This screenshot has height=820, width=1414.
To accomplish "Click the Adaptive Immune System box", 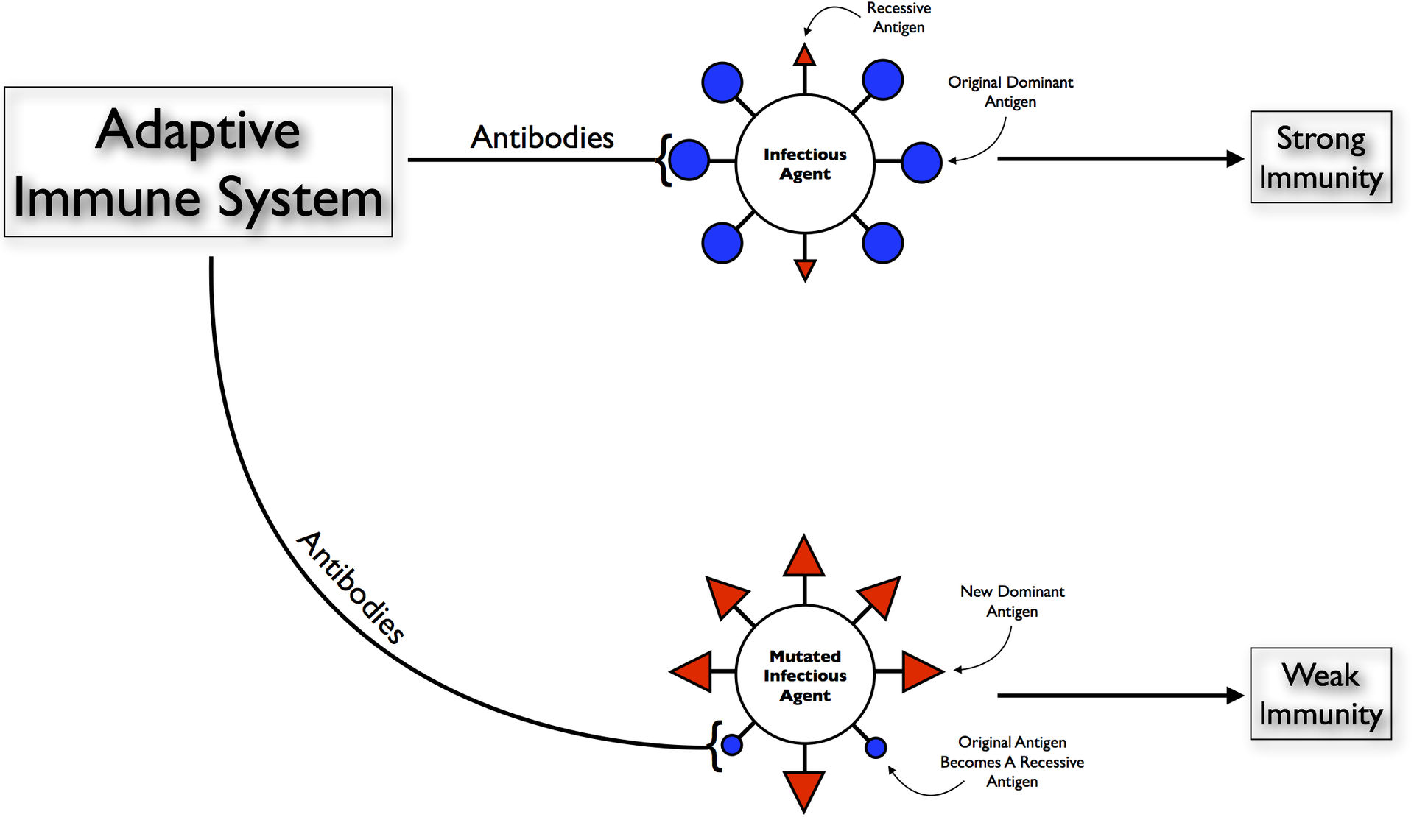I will coord(198,162).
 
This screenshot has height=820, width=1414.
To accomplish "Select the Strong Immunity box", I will coord(1320,158).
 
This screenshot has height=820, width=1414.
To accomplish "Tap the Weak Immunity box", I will coord(1320,694).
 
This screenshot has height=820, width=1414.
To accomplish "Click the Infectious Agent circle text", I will coord(805,164).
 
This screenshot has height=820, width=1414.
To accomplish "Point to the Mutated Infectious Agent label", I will coord(805,676).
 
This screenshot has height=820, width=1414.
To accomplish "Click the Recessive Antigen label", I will coord(898,18).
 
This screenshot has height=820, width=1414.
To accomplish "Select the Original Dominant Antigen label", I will coord(1010,92).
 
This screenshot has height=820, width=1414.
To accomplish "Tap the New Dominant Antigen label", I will coord(1012,601).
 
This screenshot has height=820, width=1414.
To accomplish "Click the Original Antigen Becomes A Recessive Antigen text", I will coord(1012,762).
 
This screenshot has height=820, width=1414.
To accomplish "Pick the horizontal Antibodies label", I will coord(542,138).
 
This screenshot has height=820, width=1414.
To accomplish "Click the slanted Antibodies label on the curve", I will coord(351,587).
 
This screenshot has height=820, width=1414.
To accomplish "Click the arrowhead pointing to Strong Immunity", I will coord(1235,158).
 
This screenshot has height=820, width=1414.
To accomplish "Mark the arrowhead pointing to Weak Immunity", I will coord(1235,696).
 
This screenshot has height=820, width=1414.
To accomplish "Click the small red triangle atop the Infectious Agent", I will coord(805,56).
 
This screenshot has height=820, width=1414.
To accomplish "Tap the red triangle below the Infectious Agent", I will coord(805,269).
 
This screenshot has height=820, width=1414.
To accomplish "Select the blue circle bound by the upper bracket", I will coord(689,160).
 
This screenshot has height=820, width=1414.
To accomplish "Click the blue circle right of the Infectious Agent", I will coord(921,162).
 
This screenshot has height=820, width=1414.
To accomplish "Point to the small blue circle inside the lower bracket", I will coord(732,745).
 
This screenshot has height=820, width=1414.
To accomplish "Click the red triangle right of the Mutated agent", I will coord(921,671).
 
